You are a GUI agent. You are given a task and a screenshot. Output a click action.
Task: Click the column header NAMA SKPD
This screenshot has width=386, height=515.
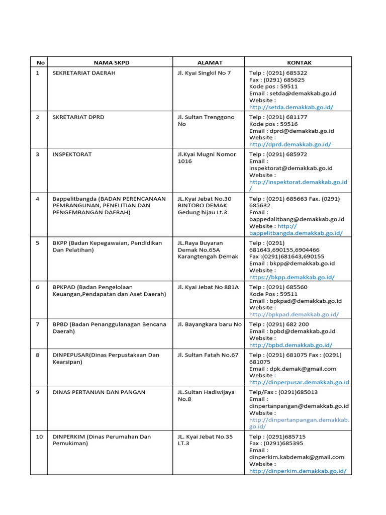pos(111,62)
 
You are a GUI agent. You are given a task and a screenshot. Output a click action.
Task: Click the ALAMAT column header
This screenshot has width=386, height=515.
pos(210,62)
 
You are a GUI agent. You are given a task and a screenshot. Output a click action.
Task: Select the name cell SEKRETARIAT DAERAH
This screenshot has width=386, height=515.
pos(83,73)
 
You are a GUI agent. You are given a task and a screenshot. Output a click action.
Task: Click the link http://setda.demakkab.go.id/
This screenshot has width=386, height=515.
pos(291,107)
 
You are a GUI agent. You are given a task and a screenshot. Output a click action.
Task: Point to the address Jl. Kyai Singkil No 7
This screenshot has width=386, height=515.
pos(204,73)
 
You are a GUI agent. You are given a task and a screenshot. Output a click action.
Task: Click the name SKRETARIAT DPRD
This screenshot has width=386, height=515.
pos(78,117)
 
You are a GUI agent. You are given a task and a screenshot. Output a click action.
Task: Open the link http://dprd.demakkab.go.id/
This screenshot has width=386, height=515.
pos(290,144)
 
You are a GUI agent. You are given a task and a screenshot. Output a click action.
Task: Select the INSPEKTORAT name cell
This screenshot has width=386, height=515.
pos(72,154)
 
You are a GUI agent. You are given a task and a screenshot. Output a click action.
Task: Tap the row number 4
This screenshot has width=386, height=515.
pos(38,199)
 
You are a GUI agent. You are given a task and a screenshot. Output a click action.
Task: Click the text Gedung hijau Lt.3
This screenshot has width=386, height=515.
pos(202,212)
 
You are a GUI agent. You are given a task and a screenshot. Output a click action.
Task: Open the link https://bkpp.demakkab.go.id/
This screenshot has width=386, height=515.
pos(292,277)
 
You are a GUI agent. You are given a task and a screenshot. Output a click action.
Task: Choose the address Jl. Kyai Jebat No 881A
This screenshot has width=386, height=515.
pos(208,287)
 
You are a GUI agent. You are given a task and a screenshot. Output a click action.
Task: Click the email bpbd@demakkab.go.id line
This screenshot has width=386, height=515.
pos(292,331)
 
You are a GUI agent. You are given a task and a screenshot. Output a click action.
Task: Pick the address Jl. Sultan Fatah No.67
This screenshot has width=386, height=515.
pos(208,355)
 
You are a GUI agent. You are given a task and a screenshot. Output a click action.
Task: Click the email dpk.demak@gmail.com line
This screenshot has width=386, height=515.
pos(293,369)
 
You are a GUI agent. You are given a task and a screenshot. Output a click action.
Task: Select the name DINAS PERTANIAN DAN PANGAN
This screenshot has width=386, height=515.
pos(99,392)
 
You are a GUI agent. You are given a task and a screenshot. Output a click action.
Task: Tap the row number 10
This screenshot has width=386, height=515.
pos(39,437)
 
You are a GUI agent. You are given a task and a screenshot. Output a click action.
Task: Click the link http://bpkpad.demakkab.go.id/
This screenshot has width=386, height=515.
pos(294,314)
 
